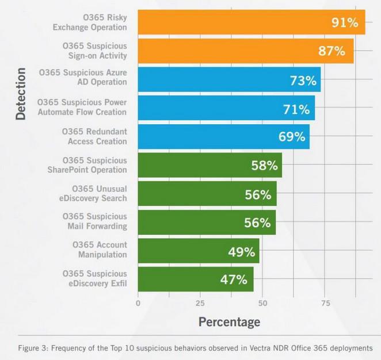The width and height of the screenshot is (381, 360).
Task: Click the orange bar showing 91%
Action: (x=251, y=22)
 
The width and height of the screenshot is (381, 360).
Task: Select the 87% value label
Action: (x=332, y=51)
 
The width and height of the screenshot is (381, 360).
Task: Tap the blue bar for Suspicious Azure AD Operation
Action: (x=229, y=79)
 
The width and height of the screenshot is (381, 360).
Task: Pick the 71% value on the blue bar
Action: (x=296, y=108)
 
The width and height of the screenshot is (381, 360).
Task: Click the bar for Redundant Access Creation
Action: (x=223, y=137)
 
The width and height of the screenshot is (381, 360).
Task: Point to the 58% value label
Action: (x=265, y=166)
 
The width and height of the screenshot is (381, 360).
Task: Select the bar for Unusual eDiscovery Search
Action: (x=207, y=194)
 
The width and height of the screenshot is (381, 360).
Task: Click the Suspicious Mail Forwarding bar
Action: (x=207, y=223)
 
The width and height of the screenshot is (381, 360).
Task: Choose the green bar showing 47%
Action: (x=196, y=279)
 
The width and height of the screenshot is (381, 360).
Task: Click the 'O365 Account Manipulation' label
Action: (x=101, y=251)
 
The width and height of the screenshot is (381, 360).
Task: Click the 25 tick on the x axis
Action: (x=200, y=302)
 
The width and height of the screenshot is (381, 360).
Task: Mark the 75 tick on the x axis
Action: (x=326, y=302)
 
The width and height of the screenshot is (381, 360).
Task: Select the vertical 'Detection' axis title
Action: (x=21, y=94)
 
